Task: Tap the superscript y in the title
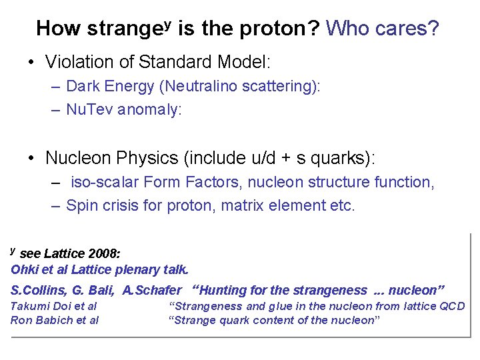coord(168,23)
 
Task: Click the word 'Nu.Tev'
coord(90,110)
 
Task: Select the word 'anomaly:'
coord(149,111)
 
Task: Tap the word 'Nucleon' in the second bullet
coord(77,158)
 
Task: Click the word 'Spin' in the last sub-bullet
coord(81,205)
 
